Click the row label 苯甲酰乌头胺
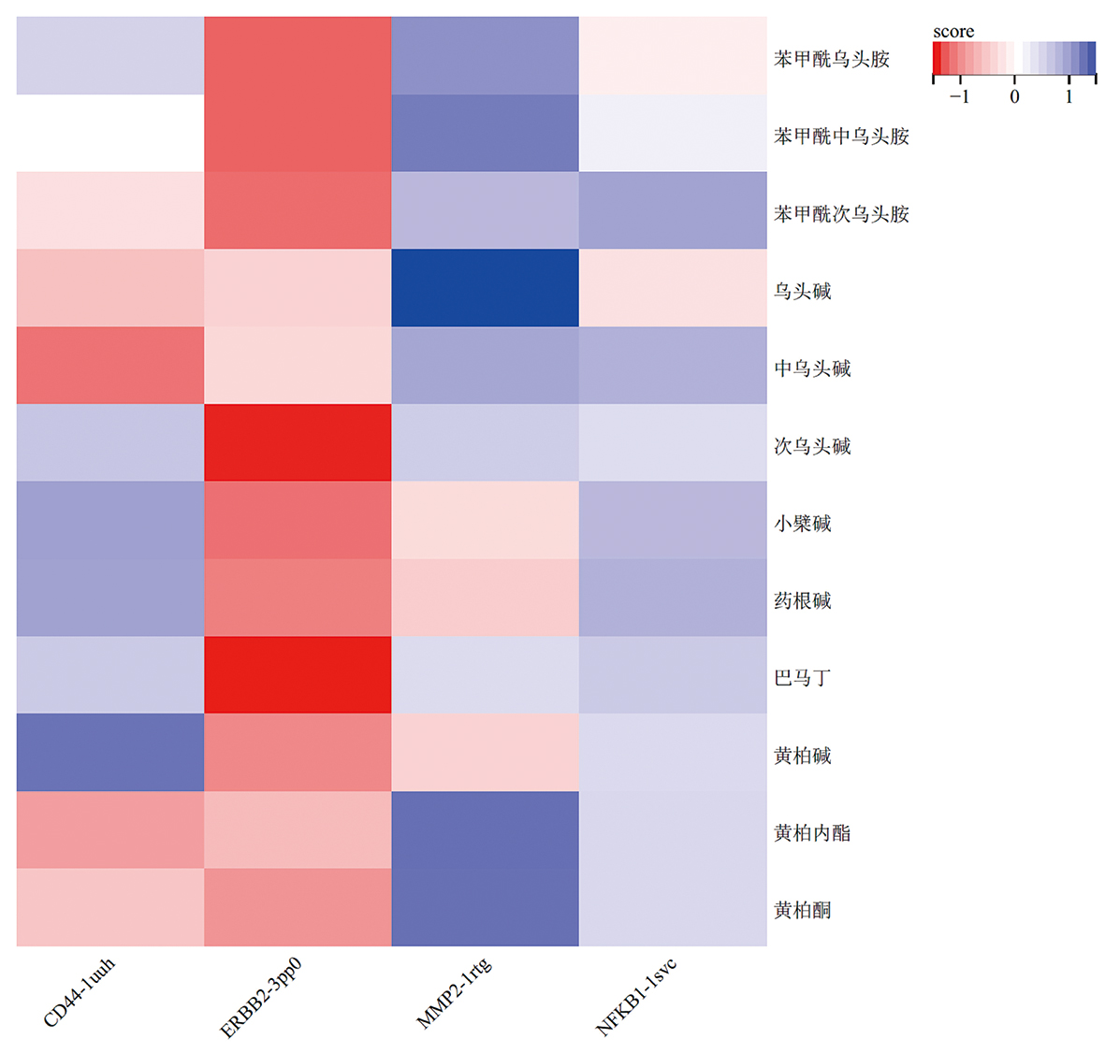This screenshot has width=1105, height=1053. click(x=831, y=59)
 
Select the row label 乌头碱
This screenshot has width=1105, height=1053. click(x=802, y=291)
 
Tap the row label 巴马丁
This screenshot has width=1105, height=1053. click(x=802, y=677)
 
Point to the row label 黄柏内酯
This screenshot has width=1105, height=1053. click(x=812, y=832)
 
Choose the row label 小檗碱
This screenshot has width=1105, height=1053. click(x=802, y=523)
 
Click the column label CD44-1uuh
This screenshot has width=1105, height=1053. click(x=80, y=992)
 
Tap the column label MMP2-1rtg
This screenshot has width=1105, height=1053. click(x=454, y=993)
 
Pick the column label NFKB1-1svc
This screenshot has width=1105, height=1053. click(x=636, y=997)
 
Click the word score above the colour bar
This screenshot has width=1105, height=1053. click(x=953, y=32)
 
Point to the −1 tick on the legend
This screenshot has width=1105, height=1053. click(x=959, y=96)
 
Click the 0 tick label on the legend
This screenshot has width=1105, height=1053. click(x=1014, y=96)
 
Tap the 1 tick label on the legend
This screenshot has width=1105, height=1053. click(x=1069, y=96)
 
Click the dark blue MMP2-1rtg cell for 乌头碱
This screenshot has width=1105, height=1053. click(x=485, y=288)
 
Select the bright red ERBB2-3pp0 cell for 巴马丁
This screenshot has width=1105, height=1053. click(x=298, y=675)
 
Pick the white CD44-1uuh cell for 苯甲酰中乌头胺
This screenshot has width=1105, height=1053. click(x=110, y=134)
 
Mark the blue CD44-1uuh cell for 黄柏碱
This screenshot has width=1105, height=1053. click(x=110, y=753)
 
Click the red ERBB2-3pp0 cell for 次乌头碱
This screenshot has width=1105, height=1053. click(x=298, y=442)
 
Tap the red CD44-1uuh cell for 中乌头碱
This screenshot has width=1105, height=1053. click(x=110, y=366)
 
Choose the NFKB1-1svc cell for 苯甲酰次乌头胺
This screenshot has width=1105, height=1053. click(x=673, y=210)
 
